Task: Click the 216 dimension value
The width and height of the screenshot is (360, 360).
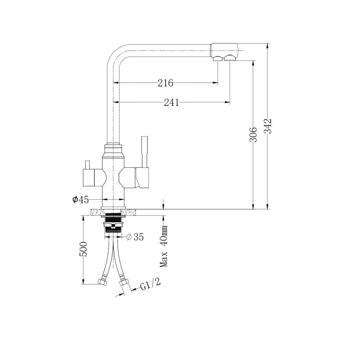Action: click(x=165, y=83)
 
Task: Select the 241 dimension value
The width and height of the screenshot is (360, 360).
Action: click(x=171, y=102)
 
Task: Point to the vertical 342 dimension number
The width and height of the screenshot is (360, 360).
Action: click(x=268, y=126)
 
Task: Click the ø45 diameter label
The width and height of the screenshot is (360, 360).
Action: click(x=81, y=200)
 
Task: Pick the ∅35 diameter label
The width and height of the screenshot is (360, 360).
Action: click(x=135, y=237)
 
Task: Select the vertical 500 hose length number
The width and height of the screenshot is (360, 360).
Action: click(x=84, y=249)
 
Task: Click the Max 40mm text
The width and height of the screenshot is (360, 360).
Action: click(x=164, y=246)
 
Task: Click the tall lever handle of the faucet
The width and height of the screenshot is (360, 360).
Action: click(x=144, y=152)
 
